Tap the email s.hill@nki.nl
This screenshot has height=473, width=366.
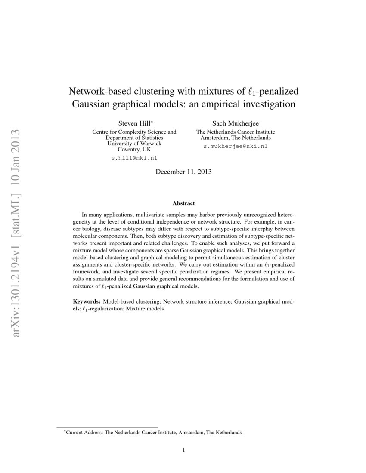134,158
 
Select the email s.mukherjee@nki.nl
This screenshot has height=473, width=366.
235,146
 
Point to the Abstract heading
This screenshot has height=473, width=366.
183,203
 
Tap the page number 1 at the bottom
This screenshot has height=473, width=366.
183,451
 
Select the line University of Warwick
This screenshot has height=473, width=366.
134,144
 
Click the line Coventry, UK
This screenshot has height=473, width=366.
134,149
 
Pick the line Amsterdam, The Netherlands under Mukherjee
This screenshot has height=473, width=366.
235,138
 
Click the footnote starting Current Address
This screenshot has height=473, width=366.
152,432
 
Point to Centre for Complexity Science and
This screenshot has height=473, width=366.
134,132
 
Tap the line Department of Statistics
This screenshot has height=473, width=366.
134,138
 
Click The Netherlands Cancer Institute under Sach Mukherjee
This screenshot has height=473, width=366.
235,132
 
